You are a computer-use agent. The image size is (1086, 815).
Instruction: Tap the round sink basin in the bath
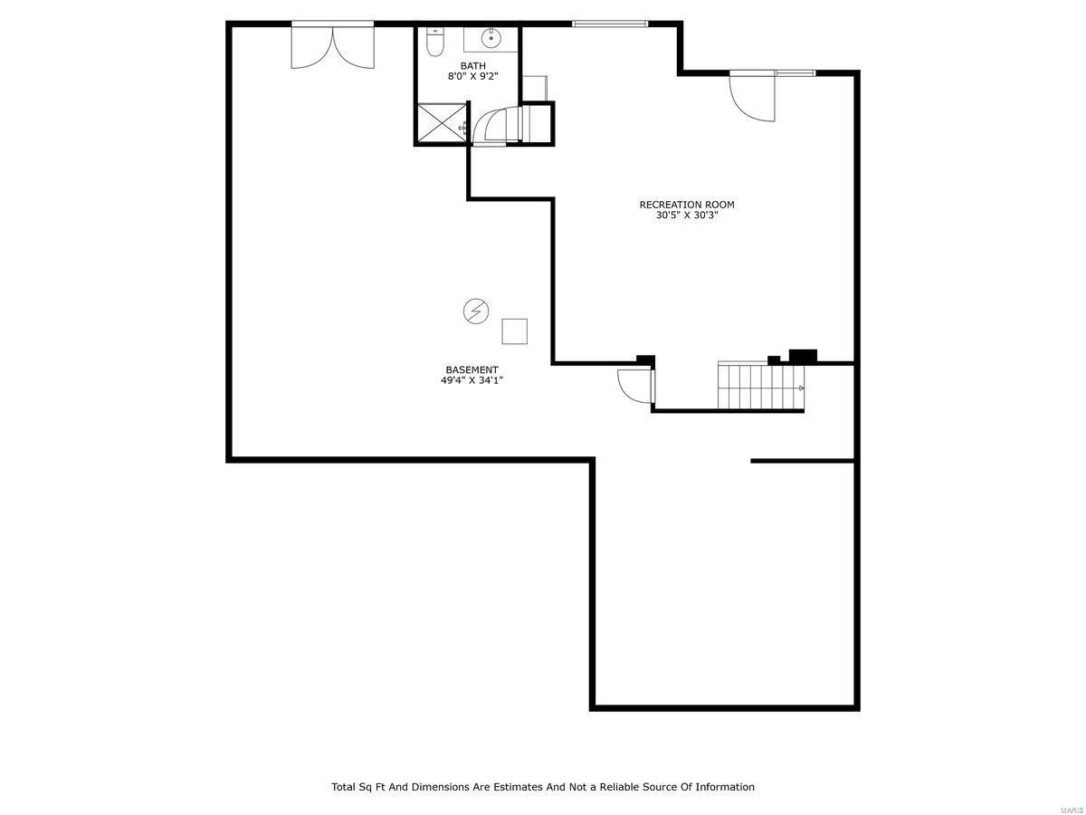[491, 40]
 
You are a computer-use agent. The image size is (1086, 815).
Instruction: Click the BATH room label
[472, 66]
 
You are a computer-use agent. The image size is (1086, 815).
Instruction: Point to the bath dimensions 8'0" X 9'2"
[472, 77]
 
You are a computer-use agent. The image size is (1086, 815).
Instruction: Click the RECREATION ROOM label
[686, 205]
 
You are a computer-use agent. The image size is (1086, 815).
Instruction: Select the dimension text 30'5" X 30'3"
[686, 216]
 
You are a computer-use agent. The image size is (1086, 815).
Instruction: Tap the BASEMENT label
[472, 369]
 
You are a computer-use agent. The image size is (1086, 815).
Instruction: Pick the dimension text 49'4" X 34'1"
[472, 380]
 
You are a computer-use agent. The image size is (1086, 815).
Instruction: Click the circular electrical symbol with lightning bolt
[475, 312]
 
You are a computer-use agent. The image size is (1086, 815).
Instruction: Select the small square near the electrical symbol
[514, 331]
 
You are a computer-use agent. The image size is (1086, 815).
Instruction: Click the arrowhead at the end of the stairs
[802, 388]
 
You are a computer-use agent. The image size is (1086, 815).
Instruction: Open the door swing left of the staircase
[633, 386]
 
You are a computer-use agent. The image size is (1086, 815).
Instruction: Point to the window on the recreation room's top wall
[610, 24]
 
